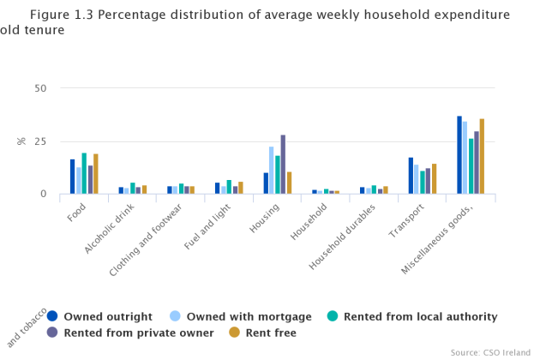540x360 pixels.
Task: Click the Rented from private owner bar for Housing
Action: click(x=283, y=165)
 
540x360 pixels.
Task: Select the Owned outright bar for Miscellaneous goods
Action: click(x=459, y=155)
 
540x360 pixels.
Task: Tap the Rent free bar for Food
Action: click(x=96, y=174)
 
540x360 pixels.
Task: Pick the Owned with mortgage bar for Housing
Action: click(x=271, y=171)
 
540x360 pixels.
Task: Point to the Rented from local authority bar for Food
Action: click(x=84, y=173)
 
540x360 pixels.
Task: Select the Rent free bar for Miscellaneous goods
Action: click(x=483, y=157)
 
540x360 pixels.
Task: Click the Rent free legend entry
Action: click(x=271, y=333)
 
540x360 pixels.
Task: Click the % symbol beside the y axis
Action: click(x=22, y=141)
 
